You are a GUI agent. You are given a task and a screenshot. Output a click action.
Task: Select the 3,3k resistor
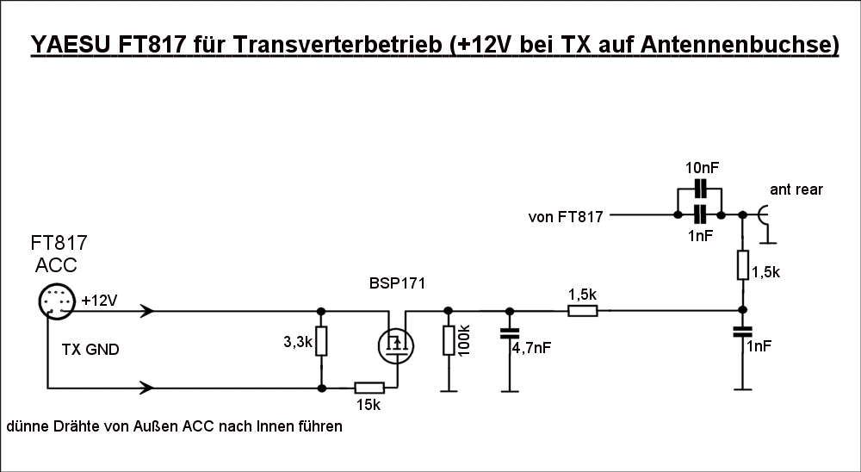pyautogui.click(x=321, y=340)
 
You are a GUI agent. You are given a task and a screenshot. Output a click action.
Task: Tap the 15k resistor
pyautogui.click(x=369, y=388)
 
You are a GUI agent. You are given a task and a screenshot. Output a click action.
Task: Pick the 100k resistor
pyautogui.click(x=448, y=340)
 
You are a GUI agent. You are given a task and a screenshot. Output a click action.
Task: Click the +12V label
pyautogui.click(x=100, y=301)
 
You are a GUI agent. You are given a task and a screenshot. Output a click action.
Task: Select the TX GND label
pyautogui.click(x=90, y=350)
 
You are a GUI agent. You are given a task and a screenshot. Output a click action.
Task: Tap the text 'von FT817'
pyautogui.click(x=565, y=217)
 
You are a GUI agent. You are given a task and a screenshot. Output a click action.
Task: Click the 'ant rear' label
pyautogui.click(x=797, y=189)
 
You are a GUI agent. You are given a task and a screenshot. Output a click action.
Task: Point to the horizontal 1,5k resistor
pyautogui.click(x=583, y=310)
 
